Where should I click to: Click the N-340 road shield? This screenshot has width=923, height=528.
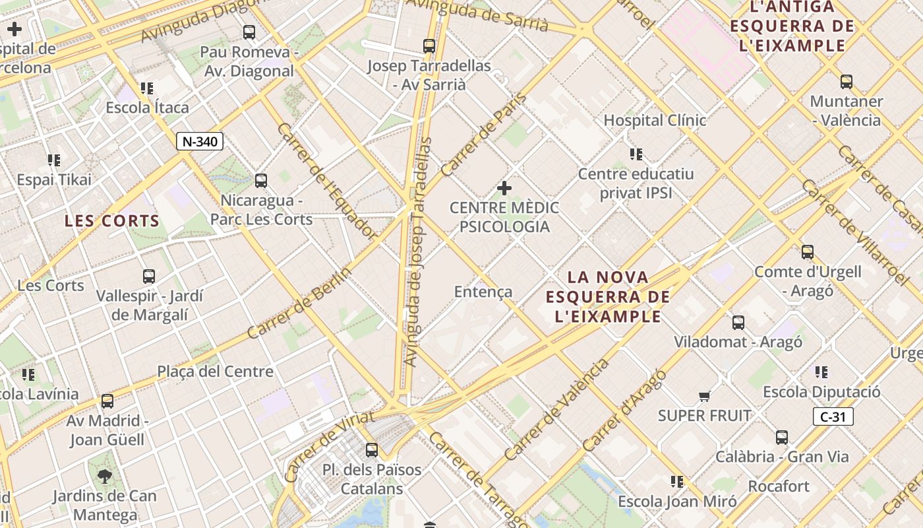click(200, 141)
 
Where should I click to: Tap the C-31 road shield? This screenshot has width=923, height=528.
click(833, 416)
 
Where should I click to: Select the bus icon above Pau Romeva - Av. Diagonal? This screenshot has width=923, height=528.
click(249, 32)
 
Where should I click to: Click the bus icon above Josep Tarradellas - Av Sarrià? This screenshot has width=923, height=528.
click(429, 46)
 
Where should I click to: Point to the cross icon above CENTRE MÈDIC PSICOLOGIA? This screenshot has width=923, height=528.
click(504, 189)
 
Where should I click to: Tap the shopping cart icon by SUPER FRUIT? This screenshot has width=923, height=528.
click(704, 397)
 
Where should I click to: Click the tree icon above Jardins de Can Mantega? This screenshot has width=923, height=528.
click(104, 476)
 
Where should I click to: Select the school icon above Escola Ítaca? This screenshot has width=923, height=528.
click(147, 88)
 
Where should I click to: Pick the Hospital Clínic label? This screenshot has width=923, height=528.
click(655, 120)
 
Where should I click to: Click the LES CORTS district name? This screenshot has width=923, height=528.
click(112, 221)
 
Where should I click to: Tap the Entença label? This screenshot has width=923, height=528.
click(483, 292)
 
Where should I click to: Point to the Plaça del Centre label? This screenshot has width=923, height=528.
click(215, 372)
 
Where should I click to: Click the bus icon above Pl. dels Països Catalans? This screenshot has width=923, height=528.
click(372, 450)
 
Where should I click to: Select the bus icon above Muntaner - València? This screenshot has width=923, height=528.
click(847, 82)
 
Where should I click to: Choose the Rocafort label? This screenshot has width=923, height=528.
click(779, 486)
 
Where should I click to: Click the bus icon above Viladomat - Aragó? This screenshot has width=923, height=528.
click(738, 323)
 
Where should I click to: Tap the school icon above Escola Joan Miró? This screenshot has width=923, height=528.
click(677, 482)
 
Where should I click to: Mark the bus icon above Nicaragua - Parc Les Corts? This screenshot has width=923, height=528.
click(261, 180)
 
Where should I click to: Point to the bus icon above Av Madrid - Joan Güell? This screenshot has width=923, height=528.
click(107, 401)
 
